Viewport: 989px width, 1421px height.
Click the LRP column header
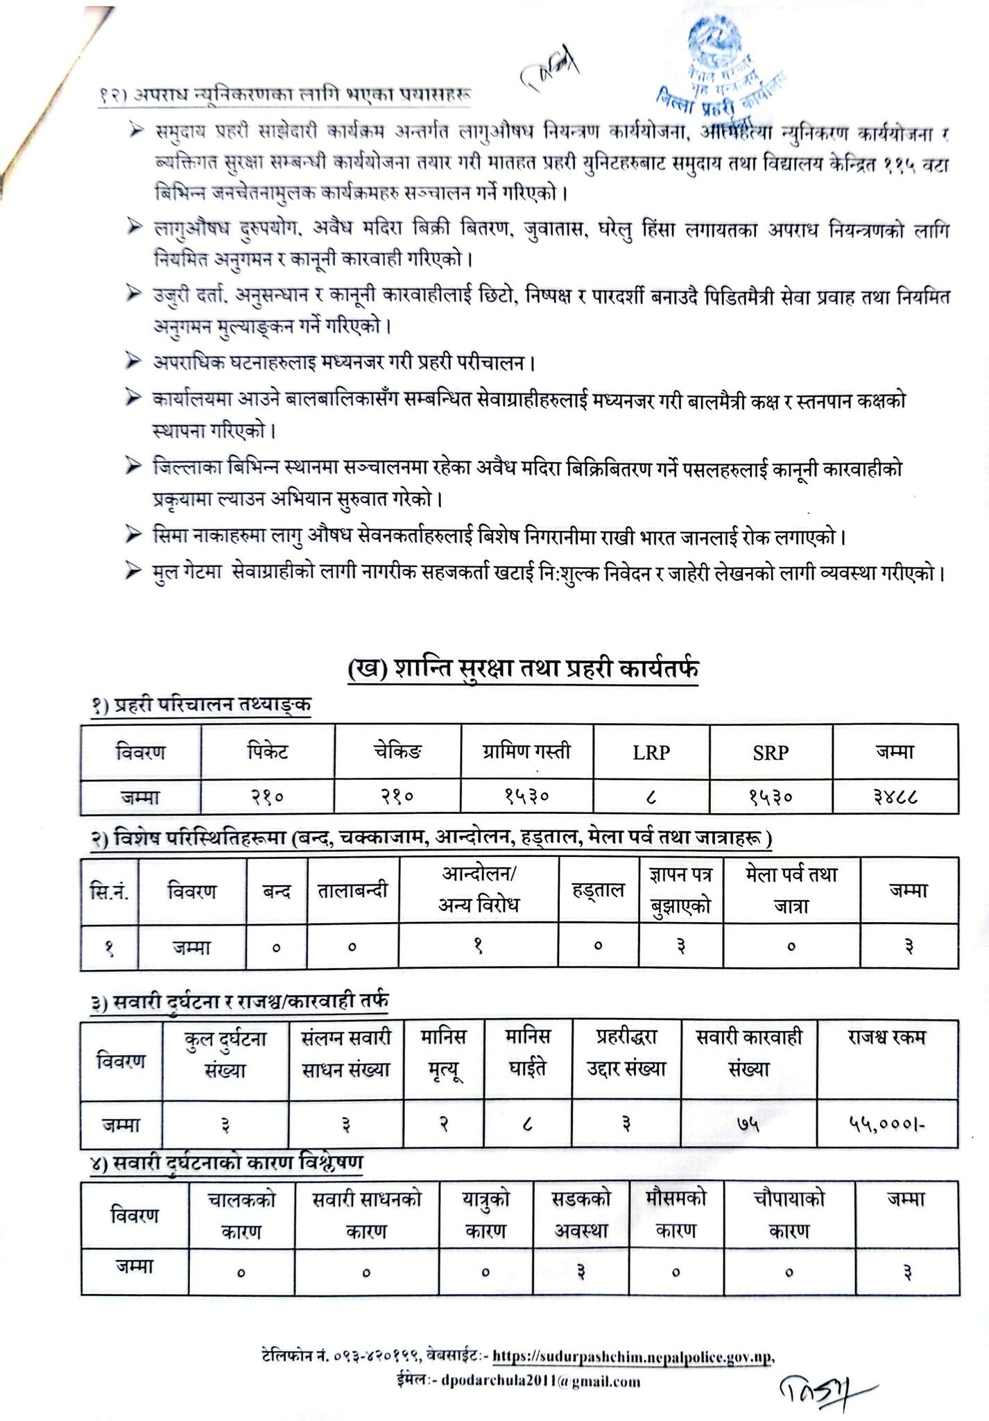(x=651, y=752)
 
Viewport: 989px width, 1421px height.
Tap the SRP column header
(x=771, y=752)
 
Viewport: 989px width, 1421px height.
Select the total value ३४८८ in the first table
(x=895, y=797)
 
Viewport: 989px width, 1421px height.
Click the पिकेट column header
(x=267, y=751)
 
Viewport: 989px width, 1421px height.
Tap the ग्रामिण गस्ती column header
(x=527, y=751)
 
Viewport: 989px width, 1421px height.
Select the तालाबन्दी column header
(x=353, y=890)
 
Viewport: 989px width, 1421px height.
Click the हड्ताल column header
(x=598, y=890)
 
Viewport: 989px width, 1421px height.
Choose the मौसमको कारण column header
(x=676, y=1214)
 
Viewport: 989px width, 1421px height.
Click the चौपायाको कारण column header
(x=789, y=1214)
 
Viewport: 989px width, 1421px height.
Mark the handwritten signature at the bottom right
(x=818, y=1386)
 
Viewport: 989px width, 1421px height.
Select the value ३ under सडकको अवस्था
(x=581, y=1272)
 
